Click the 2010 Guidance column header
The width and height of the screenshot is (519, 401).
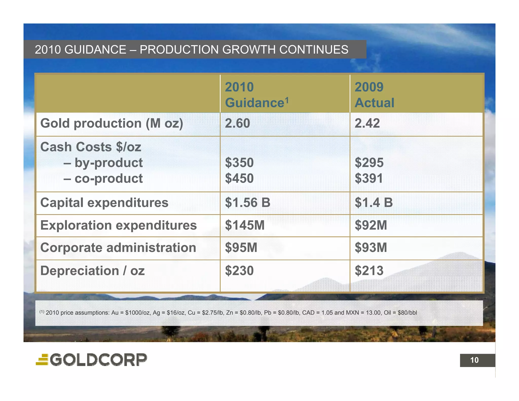[256, 95]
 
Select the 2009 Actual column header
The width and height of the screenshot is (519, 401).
[374, 95]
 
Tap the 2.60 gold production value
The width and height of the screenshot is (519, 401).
[237, 123]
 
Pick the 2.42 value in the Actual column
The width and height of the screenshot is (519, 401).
[367, 123]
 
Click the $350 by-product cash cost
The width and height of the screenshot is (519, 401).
[239, 162]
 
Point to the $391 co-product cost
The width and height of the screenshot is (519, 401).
[369, 178]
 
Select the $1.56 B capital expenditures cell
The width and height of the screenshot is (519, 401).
[248, 203]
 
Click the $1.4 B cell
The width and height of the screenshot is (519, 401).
[374, 203]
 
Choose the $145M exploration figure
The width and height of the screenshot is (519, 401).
[245, 225]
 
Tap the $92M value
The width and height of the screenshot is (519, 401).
[371, 225]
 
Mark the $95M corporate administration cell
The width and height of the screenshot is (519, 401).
[241, 247]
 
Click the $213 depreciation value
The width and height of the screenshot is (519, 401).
[369, 270]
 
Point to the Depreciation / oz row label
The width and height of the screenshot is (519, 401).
[92, 270]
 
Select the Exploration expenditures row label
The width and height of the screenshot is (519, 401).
[118, 225]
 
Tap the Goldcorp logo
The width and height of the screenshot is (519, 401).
[91, 360]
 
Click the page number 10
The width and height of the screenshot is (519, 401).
[474, 360]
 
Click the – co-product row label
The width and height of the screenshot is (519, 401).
[103, 178]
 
